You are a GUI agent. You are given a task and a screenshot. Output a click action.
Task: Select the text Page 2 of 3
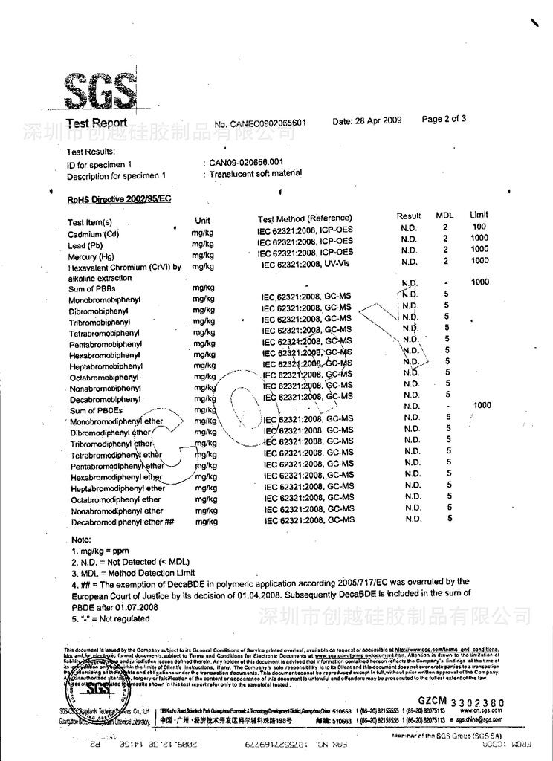pos(444,118)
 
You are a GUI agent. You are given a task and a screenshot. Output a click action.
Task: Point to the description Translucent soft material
pos(256,173)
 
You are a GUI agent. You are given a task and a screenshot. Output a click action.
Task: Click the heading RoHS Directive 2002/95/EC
pos(119,199)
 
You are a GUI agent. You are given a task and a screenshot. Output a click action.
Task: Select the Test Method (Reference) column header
pos(305,218)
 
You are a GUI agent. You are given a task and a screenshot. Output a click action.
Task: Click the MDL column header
pos(444,216)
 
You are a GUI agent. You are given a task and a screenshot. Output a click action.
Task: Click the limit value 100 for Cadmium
pos(479,227)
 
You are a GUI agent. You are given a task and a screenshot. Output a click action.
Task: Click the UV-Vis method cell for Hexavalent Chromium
pos(306,265)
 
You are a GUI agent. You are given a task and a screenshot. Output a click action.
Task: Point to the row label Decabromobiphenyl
pos(105,399)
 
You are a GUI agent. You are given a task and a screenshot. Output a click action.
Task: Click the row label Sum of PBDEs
pos(96,410)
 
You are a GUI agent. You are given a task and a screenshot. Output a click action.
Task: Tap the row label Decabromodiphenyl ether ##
pos(122,522)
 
